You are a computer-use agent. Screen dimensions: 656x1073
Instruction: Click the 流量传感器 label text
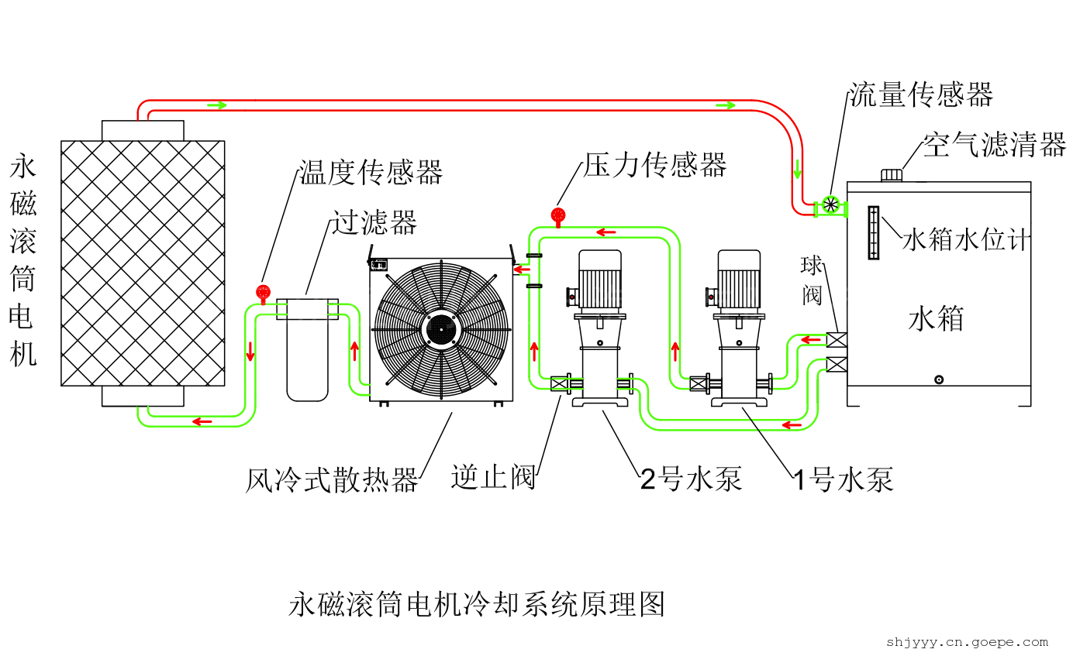click(x=920, y=95)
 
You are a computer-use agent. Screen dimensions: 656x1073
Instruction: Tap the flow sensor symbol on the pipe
click(x=830, y=205)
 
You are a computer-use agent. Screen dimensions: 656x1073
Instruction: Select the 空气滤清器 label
click(x=994, y=144)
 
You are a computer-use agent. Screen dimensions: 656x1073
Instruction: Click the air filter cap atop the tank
click(x=892, y=175)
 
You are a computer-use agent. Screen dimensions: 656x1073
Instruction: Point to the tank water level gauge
click(x=874, y=232)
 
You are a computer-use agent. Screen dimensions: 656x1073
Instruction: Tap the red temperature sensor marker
click(x=262, y=292)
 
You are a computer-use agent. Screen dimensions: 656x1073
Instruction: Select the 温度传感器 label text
click(x=371, y=173)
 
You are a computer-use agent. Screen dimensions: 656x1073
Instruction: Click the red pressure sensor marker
click(x=557, y=215)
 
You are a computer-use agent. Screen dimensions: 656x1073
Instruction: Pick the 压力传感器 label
click(x=655, y=164)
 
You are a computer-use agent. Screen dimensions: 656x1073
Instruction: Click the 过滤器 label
click(x=374, y=222)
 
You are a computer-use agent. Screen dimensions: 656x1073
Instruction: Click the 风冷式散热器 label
click(x=332, y=480)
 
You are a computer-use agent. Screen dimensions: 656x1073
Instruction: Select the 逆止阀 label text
click(x=494, y=477)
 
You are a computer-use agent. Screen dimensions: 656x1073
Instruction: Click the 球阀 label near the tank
click(x=811, y=280)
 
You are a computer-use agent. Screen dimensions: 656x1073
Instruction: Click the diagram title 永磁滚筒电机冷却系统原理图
click(x=477, y=603)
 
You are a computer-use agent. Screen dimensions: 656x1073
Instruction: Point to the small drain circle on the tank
click(x=939, y=380)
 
